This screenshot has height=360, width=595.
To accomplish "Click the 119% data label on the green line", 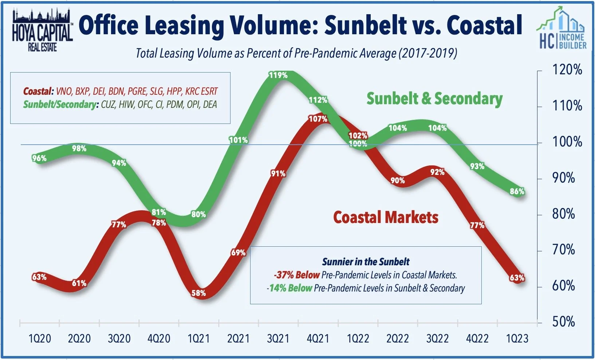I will [x=278, y=75].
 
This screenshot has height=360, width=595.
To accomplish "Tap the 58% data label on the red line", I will [x=198, y=293].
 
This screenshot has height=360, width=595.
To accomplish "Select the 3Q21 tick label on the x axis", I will [x=278, y=339].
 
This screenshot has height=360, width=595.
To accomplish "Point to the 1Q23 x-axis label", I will [x=517, y=339].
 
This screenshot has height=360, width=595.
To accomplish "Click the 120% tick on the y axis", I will [x=567, y=70].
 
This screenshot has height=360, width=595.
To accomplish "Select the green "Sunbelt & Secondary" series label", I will [x=434, y=99].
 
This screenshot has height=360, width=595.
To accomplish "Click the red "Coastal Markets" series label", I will [x=386, y=217].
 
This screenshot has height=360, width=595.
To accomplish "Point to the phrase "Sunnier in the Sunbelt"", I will [x=366, y=262].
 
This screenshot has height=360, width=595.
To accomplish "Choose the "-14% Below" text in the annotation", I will [x=290, y=288].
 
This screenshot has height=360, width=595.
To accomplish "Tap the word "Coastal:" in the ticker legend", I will [x=38, y=91].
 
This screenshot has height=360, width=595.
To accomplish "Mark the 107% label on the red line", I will [x=318, y=119].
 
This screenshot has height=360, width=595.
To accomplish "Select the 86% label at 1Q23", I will [x=517, y=191].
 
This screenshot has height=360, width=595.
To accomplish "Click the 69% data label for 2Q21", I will [x=238, y=253].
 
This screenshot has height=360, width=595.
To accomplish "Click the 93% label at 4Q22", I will [x=477, y=167].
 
